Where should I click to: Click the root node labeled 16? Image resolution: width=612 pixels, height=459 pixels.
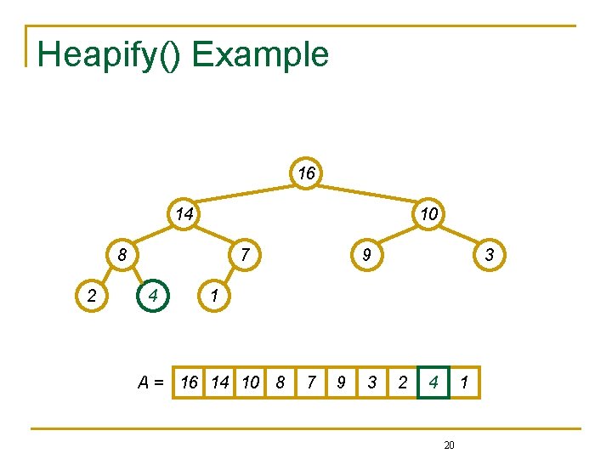(x=306, y=173)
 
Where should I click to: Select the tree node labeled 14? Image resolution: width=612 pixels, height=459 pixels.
(x=184, y=213)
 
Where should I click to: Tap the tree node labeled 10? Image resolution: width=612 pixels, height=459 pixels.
(x=429, y=213)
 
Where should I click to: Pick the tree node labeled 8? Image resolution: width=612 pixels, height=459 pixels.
(x=123, y=254)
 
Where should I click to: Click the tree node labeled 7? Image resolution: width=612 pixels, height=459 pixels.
(x=245, y=254)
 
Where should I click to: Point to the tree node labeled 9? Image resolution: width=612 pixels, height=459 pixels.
(x=367, y=254)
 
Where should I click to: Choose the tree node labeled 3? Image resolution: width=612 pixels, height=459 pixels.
(x=490, y=254)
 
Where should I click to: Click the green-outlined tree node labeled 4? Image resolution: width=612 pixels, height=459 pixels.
(x=153, y=297)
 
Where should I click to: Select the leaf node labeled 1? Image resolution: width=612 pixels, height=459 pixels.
(x=214, y=297)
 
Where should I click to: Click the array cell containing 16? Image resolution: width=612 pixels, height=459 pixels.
(x=190, y=382)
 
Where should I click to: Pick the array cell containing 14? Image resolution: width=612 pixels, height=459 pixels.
(x=220, y=382)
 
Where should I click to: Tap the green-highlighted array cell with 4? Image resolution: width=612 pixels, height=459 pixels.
(x=433, y=382)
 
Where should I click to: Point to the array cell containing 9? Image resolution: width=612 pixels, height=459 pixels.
(x=341, y=382)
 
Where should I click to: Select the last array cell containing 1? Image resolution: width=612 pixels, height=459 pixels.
(x=464, y=382)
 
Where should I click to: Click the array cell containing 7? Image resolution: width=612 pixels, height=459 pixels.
(x=310, y=382)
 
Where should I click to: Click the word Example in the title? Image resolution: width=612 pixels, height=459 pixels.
(x=260, y=54)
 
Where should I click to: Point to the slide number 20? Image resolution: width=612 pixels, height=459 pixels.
(x=450, y=445)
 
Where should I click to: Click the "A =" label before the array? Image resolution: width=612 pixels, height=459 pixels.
(x=152, y=382)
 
